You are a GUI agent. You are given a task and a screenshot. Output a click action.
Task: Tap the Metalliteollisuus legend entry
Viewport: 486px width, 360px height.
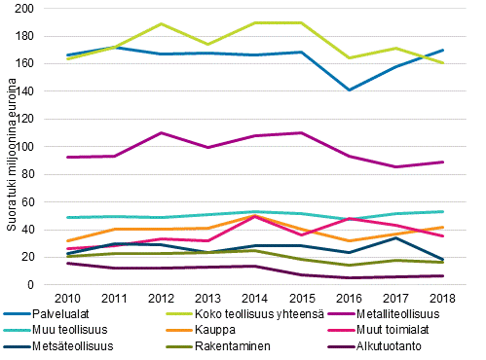[398, 313]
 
